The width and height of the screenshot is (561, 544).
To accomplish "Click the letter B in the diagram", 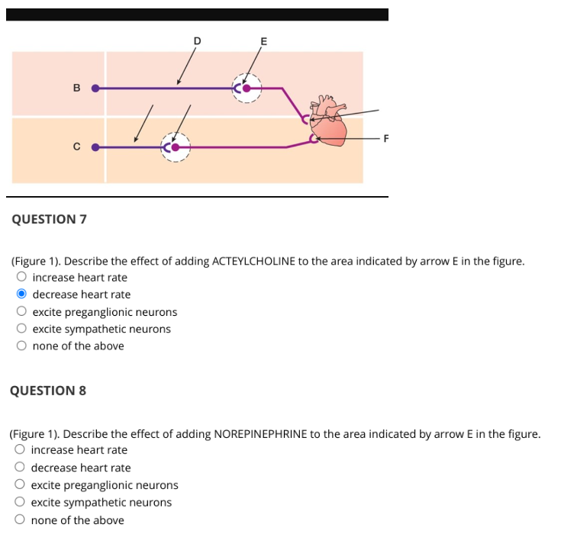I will point(76,88).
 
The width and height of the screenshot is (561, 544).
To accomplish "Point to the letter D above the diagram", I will point(196,40).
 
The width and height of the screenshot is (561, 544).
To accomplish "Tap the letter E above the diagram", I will point(264,41).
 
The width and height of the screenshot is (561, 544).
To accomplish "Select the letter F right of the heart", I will point(385,138).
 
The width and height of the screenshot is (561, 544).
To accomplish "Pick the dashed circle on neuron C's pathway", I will point(176,146).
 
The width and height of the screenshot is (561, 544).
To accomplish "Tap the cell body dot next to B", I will point(95,88).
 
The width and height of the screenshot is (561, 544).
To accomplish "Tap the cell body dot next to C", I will point(95,146).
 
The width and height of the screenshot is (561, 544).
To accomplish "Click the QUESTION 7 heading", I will point(50,220).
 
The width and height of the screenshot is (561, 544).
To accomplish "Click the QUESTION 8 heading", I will point(48,391).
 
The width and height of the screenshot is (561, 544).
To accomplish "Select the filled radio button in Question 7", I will point(22,295).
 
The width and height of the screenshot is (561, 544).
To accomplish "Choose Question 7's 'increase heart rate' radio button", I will point(22,277).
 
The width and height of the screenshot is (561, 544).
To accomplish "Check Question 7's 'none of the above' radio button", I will point(22,346).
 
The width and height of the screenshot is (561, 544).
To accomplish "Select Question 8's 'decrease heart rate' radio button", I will point(21,468).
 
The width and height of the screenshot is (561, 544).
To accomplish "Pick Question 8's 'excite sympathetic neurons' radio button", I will point(21,502).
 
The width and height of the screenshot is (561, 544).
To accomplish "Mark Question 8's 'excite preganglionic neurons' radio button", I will point(21,485).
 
